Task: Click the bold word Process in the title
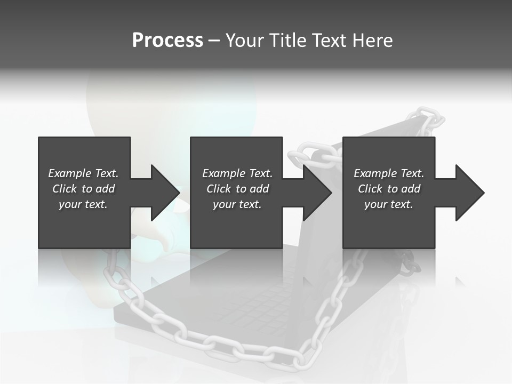(x=167, y=41)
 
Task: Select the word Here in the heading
(x=373, y=41)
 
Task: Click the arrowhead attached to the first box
(x=161, y=193)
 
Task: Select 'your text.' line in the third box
(x=388, y=204)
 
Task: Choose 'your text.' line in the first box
(x=83, y=204)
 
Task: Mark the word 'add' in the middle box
(x=259, y=189)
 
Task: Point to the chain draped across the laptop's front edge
(x=213, y=341)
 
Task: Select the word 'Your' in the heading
(x=244, y=41)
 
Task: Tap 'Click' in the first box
(x=65, y=189)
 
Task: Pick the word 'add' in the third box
(x=411, y=189)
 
